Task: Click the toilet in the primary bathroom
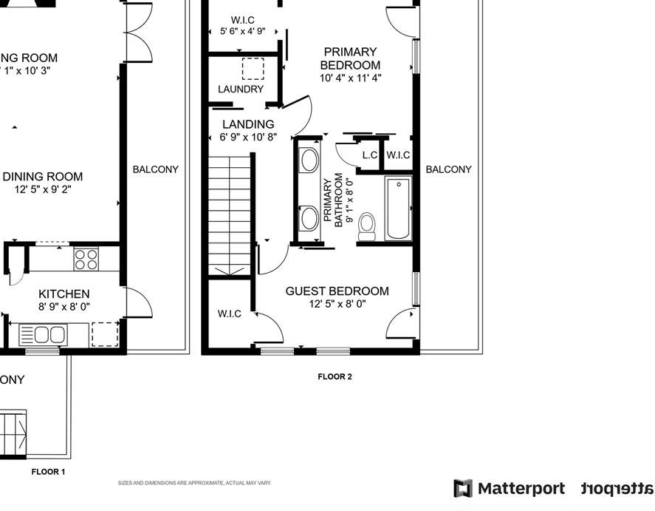[x=367, y=226]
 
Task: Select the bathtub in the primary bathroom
[x=398, y=208]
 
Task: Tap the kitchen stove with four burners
[x=86, y=260]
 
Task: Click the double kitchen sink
[x=42, y=334]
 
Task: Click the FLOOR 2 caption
[x=335, y=376]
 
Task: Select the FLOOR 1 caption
[x=48, y=471]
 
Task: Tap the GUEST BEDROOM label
[x=337, y=291]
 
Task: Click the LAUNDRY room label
[x=241, y=89]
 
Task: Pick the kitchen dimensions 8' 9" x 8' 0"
[x=64, y=307]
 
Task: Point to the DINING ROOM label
[x=43, y=177]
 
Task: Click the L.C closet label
[x=370, y=155]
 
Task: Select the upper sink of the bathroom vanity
[x=309, y=160]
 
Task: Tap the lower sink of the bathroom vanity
[x=309, y=218]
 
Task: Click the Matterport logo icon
[x=463, y=489]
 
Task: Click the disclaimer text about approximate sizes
[x=195, y=483]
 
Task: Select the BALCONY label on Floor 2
[x=448, y=169]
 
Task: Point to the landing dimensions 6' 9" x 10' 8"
[x=248, y=137]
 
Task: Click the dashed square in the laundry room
[x=253, y=69]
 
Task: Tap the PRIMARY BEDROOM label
[x=350, y=58]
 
